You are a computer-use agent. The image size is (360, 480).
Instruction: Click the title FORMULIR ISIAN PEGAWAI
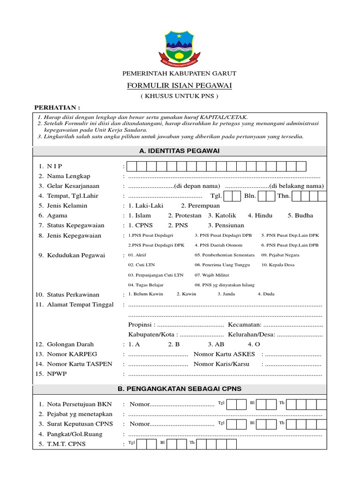[180, 85]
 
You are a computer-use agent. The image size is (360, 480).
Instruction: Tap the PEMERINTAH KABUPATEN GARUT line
[180, 74]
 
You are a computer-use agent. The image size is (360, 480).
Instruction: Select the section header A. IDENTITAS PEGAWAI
[180, 150]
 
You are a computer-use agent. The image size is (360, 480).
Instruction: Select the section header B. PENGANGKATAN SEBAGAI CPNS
[180, 389]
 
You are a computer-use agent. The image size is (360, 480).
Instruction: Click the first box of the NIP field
[132, 166]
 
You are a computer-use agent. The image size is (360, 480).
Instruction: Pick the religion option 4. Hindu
[260, 216]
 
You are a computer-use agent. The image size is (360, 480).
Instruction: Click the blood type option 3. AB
[217, 344]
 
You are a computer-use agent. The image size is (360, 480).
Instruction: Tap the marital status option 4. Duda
[266, 294]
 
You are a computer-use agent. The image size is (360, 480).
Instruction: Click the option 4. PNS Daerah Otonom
[218, 245]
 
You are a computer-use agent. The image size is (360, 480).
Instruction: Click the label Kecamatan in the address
[244, 325]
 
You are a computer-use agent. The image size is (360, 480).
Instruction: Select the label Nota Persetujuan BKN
[79, 404]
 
